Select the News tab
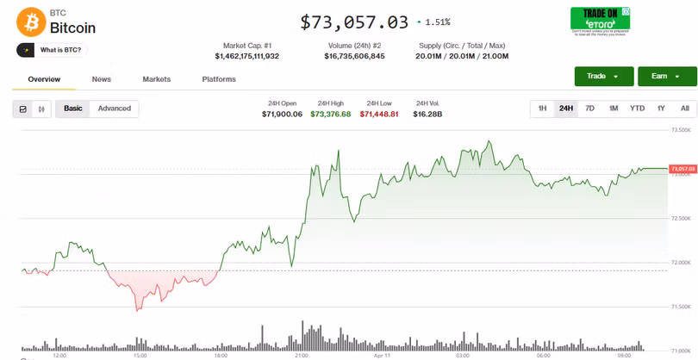tap(102, 79)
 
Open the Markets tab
tap(157, 79)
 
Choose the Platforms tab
tap(219, 79)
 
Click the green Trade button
tap(603, 77)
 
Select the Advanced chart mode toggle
tap(115, 109)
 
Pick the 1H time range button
tap(542, 109)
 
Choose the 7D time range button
tap(589, 109)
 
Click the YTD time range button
tap(637, 109)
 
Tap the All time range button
tap(685, 109)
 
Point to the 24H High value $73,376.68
tap(331, 114)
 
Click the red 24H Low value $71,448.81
tap(379, 114)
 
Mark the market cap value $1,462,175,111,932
tap(247, 56)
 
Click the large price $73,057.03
tap(354, 22)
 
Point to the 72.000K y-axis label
tap(681, 263)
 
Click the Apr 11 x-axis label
tap(383, 355)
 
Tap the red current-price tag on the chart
tap(682, 169)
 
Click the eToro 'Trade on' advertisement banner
tap(600, 21)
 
